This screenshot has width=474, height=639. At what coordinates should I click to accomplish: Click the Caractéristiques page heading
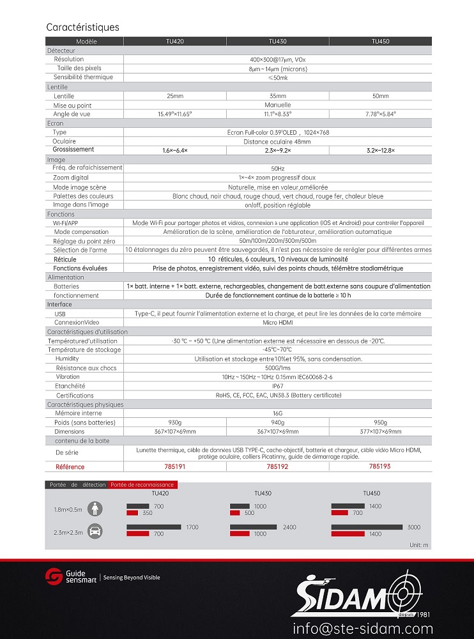(82, 27)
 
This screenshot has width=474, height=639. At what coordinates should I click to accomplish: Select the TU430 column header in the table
(278, 42)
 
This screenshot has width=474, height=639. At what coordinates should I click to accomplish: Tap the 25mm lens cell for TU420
(174, 96)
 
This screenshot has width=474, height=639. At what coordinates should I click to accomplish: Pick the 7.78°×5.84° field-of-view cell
(380, 114)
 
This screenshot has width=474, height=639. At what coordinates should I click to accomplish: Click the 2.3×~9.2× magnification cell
(278, 150)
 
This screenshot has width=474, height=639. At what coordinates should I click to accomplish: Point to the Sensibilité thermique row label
(83, 77)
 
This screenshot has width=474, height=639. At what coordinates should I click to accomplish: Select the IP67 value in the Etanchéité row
(277, 387)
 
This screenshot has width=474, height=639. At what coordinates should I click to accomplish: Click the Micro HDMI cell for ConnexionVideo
(277, 323)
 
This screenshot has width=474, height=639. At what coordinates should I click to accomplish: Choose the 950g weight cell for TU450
(380, 423)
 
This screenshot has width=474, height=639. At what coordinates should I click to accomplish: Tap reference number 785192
(277, 467)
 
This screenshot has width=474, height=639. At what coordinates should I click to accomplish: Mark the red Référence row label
(70, 467)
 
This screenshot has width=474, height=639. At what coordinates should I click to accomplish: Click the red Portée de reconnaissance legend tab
(142, 485)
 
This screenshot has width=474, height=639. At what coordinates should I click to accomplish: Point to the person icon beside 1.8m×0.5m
(95, 509)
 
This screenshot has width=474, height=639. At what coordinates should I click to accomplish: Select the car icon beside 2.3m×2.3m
(95, 530)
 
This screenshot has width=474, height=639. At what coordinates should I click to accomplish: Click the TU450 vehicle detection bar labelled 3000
(367, 527)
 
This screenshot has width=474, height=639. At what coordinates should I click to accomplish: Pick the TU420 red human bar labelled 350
(132, 513)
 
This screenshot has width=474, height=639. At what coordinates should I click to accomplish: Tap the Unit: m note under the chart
(419, 544)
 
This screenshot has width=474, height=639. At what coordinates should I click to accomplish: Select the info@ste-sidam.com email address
(363, 628)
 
